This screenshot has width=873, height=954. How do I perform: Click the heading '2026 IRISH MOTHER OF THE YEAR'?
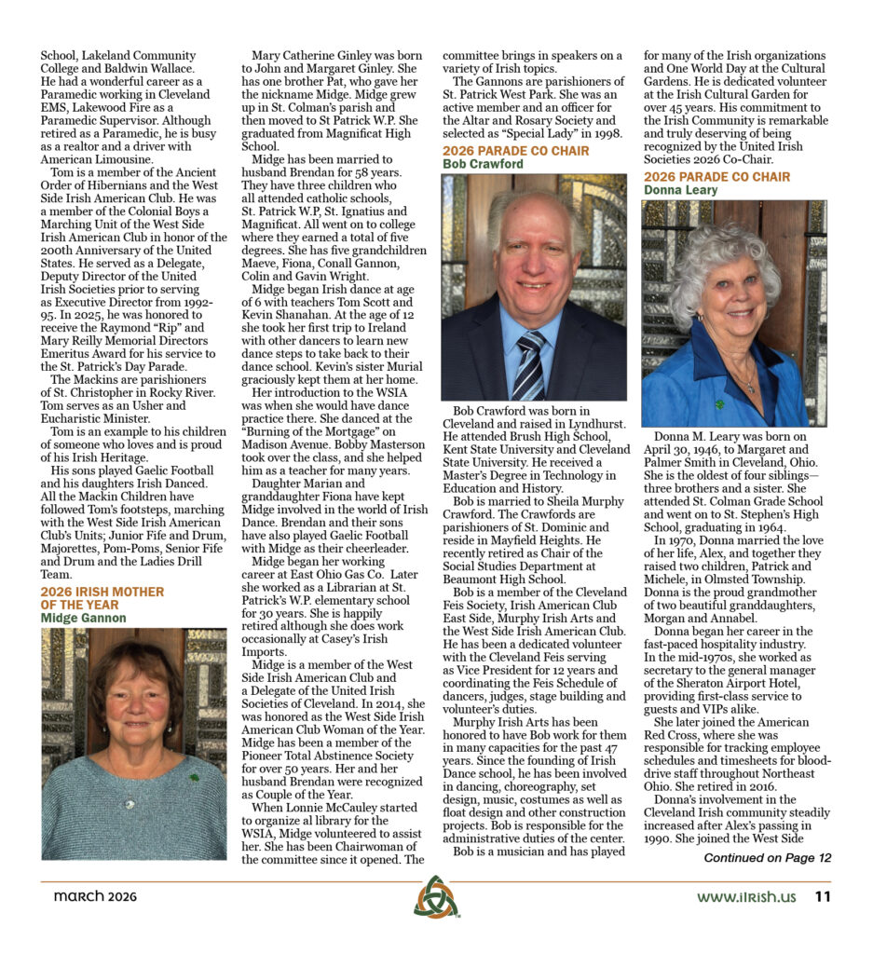(102, 597)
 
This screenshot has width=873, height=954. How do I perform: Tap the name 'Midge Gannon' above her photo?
(84, 618)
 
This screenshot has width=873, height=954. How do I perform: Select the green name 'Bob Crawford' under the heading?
(483, 164)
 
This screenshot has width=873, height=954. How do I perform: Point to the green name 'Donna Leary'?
(681, 190)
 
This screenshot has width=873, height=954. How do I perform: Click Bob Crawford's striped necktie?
(528, 364)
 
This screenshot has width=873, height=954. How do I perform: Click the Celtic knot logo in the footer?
(435, 898)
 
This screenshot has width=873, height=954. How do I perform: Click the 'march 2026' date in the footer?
(95, 897)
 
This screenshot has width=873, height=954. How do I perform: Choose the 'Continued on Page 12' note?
(767, 858)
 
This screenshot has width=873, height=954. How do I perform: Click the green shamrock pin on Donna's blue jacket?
(721, 405)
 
